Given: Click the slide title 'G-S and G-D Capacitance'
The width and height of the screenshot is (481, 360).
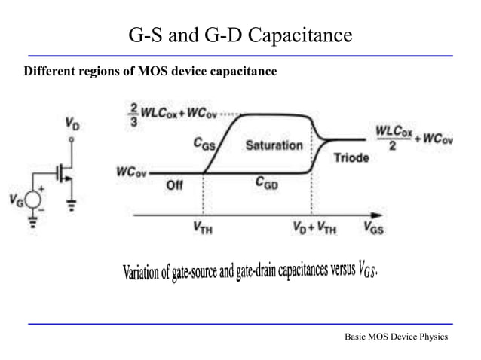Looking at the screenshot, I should coord(240,35).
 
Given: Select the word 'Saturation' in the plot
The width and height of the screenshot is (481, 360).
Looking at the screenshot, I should coord(274,145).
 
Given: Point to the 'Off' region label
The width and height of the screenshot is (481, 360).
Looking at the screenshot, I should coord(174,187).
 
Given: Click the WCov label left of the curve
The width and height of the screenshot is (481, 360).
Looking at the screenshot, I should coord(130,172).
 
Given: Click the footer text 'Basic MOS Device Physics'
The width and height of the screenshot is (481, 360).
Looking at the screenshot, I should coord(395,337).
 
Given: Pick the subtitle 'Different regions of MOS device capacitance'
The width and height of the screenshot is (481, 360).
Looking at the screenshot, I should coord(151,72).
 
